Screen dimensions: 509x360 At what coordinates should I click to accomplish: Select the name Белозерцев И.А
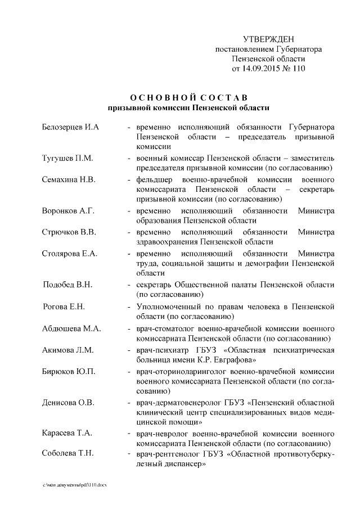pyautogui.click(x=71, y=127)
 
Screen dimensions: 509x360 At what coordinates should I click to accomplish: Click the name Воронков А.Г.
pyautogui.click(x=68, y=211)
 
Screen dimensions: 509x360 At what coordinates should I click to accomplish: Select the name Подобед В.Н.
pyautogui.click(x=67, y=285)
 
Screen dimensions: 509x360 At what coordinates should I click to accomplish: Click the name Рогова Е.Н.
pyautogui.click(x=64, y=306)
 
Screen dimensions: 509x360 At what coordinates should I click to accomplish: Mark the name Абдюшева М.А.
pyautogui.click(x=71, y=328)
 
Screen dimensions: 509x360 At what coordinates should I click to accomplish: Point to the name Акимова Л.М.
pyautogui.click(x=67, y=349)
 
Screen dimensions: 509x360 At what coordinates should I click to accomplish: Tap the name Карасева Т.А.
pyautogui.click(x=67, y=433)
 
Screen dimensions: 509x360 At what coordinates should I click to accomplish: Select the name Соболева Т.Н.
pyautogui.click(x=68, y=454)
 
